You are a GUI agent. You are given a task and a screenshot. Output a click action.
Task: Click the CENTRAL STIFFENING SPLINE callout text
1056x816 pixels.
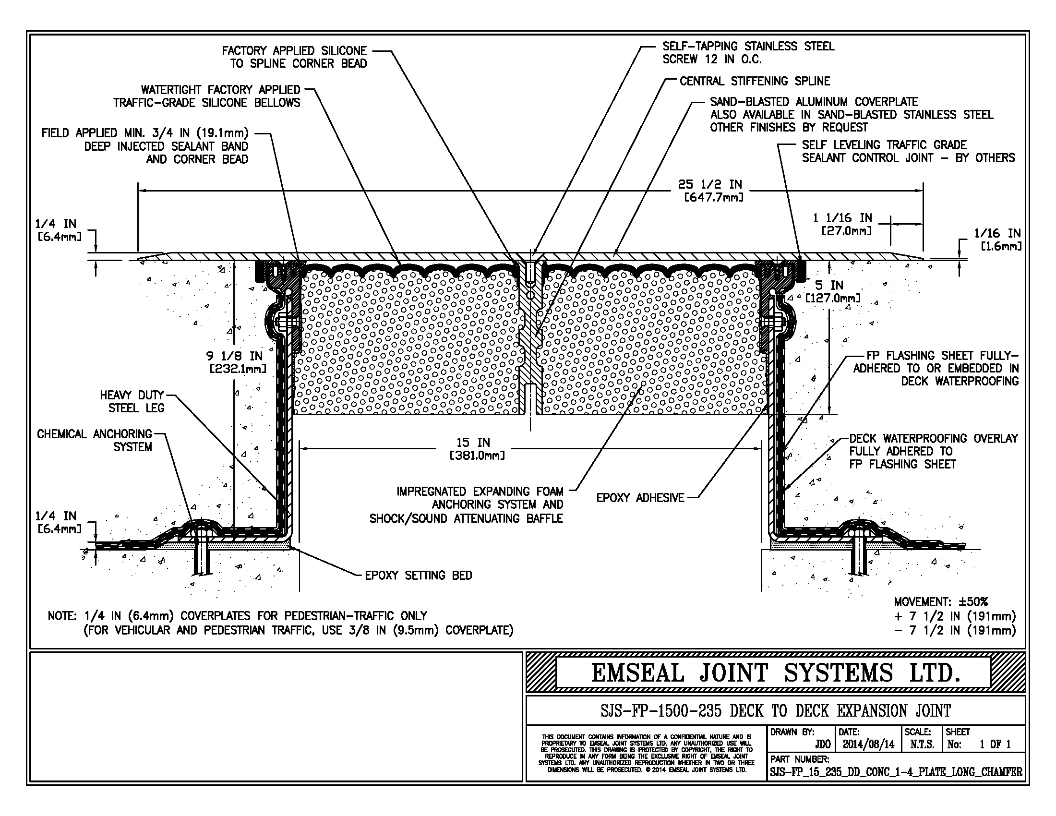(x=754, y=81)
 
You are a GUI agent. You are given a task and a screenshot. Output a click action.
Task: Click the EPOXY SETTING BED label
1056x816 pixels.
(x=418, y=575)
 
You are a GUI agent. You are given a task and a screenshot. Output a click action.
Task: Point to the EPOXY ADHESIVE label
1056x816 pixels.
(x=640, y=498)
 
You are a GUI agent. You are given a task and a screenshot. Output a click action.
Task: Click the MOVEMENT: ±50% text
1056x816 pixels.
(x=940, y=602)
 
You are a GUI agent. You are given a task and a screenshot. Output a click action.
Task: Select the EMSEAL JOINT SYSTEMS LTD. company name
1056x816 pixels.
(x=775, y=673)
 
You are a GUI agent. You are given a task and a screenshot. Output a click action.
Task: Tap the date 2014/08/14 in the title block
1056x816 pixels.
(x=868, y=744)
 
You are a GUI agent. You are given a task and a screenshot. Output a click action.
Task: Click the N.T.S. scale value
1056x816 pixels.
(x=922, y=744)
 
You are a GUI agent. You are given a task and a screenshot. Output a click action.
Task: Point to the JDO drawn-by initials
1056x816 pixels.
(x=822, y=744)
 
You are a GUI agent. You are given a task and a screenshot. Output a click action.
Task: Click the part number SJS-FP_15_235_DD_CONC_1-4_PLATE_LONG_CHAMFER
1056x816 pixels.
(x=896, y=772)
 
